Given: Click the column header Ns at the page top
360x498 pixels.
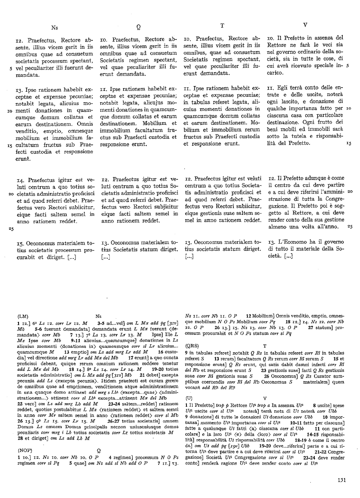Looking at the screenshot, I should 55,27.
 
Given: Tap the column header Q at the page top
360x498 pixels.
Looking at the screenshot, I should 138,27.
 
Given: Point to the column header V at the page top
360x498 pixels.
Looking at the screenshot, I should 305,25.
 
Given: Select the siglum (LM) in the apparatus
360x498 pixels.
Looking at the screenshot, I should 23,317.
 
